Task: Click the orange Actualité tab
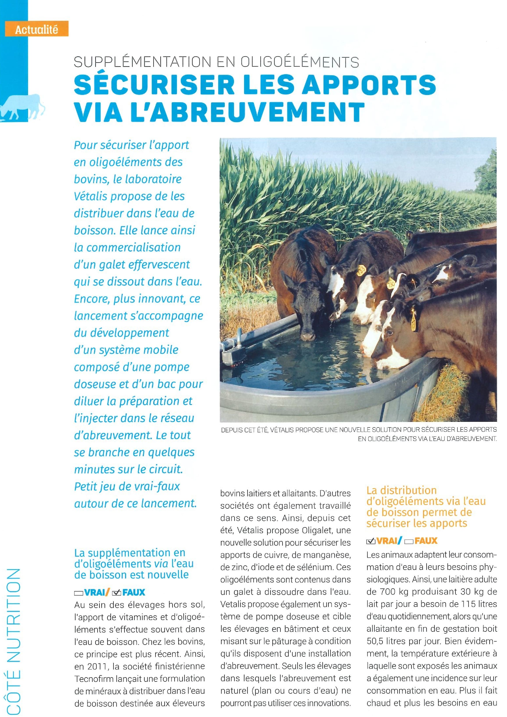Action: tap(37, 30)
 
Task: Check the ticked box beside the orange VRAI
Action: tap(371, 541)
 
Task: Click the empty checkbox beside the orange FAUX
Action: tap(409, 541)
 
